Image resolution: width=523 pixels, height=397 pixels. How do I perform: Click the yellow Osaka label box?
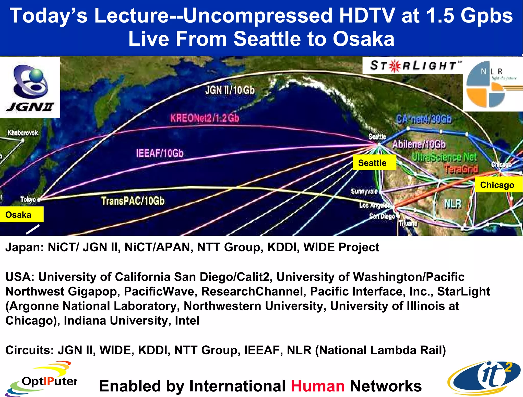coord(21,214)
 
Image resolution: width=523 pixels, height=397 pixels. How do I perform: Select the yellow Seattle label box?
coord(374,163)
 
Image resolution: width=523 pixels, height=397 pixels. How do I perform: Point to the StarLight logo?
coord(413,65)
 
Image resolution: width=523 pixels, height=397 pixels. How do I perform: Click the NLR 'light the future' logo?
coord(493,84)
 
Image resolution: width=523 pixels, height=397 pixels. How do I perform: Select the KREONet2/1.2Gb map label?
coord(205,118)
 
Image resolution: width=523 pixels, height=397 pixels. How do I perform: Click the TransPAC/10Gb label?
coord(133,201)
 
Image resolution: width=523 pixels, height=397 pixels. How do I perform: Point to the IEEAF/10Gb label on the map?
coord(160,153)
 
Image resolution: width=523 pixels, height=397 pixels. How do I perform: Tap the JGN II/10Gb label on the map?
coord(230,90)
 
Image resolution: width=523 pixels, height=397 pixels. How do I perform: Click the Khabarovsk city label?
coord(23,133)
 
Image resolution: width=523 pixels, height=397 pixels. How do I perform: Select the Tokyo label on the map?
coord(28,199)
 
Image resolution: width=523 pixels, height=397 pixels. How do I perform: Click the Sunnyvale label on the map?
coord(364,191)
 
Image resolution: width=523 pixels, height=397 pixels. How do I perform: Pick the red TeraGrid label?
coord(461,169)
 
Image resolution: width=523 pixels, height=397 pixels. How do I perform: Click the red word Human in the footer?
coord(318,386)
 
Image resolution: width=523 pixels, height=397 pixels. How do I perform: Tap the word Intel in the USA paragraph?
coord(187,320)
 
